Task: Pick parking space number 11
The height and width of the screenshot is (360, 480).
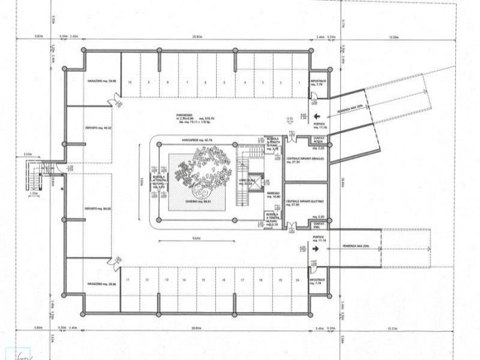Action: (x=129, y=280)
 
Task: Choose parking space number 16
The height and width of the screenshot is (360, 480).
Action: (x=224, y=280)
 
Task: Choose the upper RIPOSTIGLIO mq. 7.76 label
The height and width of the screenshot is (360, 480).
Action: (x=318, y=82)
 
